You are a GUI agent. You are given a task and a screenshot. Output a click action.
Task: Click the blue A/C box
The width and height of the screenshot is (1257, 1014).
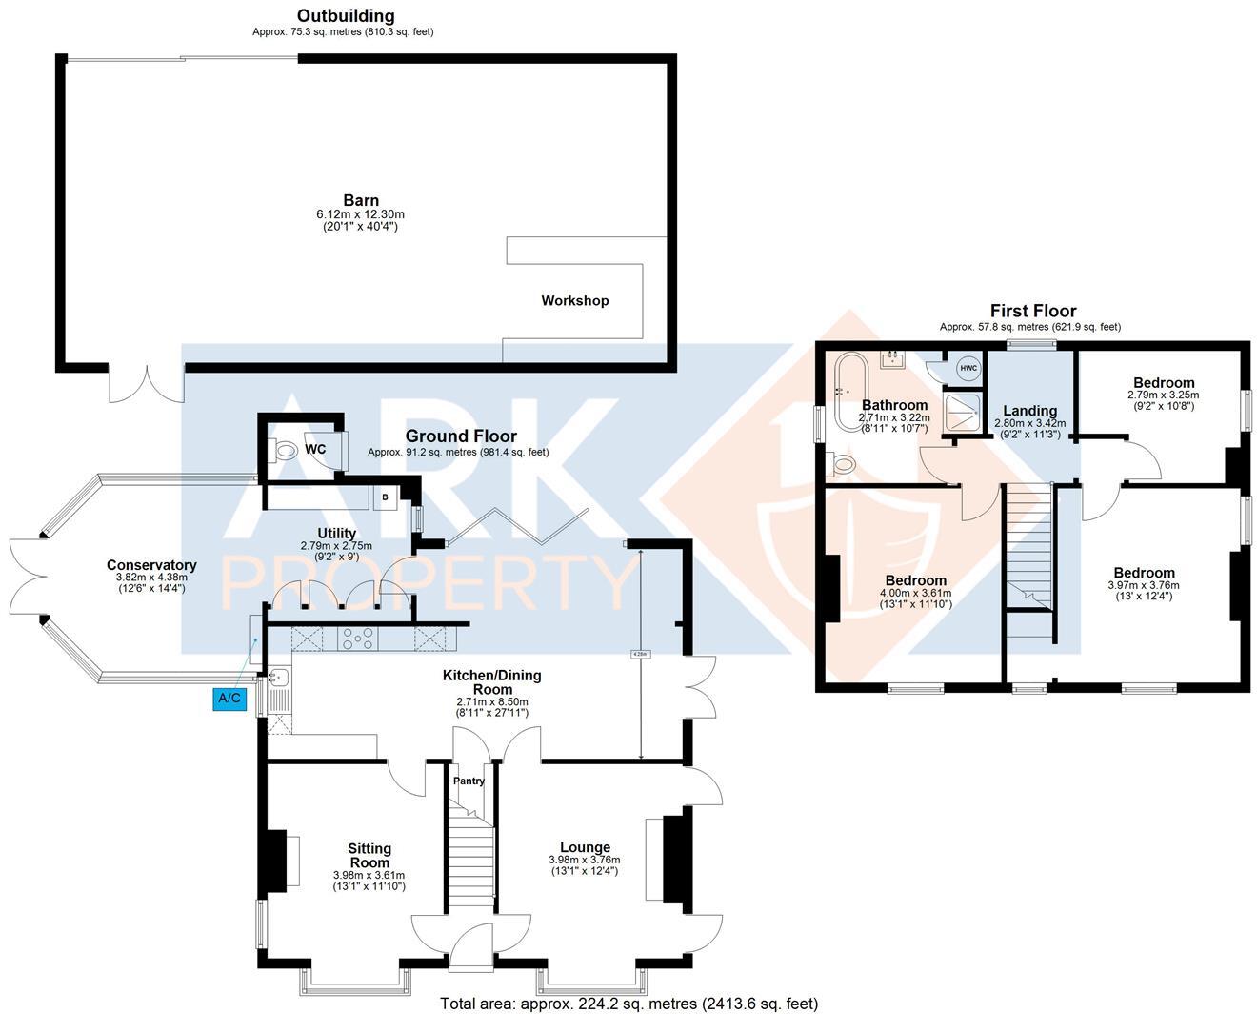229,699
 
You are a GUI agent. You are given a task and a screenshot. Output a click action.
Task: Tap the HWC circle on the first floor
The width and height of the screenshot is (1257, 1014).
968,369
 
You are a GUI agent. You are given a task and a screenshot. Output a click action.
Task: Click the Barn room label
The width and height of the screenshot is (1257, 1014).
361,200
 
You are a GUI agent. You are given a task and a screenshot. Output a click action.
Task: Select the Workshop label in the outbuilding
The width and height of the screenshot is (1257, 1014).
574,300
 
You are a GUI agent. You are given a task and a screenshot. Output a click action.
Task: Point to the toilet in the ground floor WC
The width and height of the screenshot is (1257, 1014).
285,449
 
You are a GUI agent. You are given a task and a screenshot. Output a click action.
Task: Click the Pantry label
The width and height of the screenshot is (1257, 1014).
469,781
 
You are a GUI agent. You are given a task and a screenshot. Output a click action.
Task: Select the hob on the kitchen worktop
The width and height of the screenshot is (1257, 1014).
359,638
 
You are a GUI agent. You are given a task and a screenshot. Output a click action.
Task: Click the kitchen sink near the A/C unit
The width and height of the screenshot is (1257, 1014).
278,679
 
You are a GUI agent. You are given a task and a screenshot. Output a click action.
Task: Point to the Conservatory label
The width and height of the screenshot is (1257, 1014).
151,565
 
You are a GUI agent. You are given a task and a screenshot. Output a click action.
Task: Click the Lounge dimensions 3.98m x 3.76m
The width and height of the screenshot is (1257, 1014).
584,860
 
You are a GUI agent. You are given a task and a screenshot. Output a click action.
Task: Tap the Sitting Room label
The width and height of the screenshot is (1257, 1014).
369,855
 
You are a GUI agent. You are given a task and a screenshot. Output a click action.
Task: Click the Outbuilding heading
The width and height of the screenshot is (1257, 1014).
345,15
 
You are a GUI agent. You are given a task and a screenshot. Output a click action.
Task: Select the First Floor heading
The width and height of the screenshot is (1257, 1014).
1033,311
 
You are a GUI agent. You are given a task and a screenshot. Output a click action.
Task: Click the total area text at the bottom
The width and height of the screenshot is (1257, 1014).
628,1003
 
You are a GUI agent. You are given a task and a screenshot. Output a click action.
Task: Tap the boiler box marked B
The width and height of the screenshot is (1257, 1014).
386,497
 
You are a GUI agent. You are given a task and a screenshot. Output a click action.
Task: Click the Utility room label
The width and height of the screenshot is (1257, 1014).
336,533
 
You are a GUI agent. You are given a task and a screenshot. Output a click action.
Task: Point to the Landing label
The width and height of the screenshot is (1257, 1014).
1029,411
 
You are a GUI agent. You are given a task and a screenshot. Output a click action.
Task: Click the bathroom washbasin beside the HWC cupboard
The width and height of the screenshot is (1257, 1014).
893,359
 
